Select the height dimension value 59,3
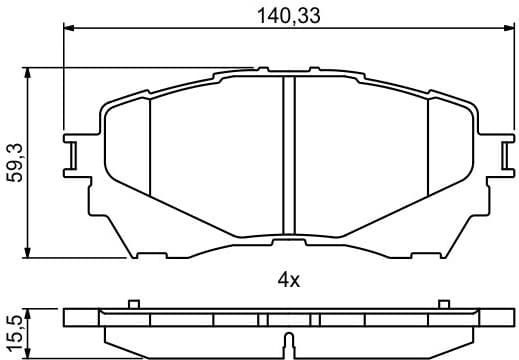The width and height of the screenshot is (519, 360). [15, 160]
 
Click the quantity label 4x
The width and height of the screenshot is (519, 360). [288, 281]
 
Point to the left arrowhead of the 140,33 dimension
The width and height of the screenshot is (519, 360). [69, 30]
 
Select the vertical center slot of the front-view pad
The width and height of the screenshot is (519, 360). [289, 155]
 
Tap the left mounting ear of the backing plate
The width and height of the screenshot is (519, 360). [72, 154]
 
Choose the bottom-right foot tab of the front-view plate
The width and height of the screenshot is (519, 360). [426, 252]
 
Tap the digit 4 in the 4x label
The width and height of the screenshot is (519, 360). [283, 281]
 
